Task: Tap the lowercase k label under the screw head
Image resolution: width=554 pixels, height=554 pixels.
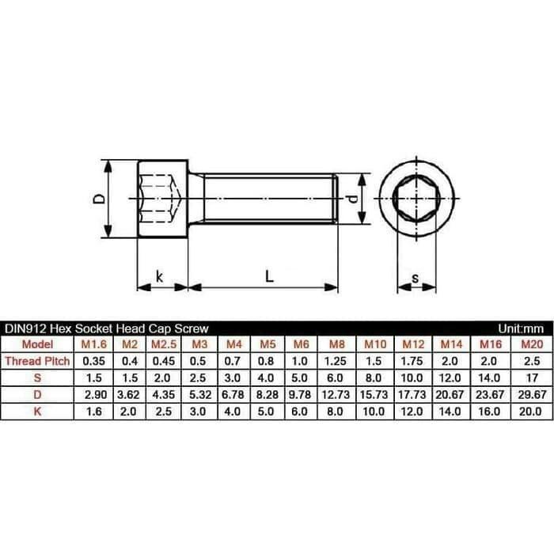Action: tap(159, 276)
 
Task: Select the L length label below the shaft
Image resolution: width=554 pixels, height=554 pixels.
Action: tap(269, 276)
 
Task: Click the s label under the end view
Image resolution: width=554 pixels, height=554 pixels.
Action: tap(415, 279)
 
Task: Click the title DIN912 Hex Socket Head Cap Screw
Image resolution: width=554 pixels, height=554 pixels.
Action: tap(107, 328)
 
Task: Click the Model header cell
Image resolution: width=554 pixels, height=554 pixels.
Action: tap(37, 344)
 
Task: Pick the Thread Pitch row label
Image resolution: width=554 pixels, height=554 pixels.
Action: tap(37, 360)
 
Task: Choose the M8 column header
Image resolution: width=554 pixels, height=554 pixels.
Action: tap(336, 344)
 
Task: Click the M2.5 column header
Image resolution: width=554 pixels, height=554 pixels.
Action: tap(163, 344)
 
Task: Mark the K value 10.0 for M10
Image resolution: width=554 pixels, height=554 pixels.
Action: tap(374, 411)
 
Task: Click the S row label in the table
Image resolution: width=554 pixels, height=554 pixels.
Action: tap(37, 377)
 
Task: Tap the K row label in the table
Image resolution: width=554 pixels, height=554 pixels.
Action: tap(37, 411)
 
